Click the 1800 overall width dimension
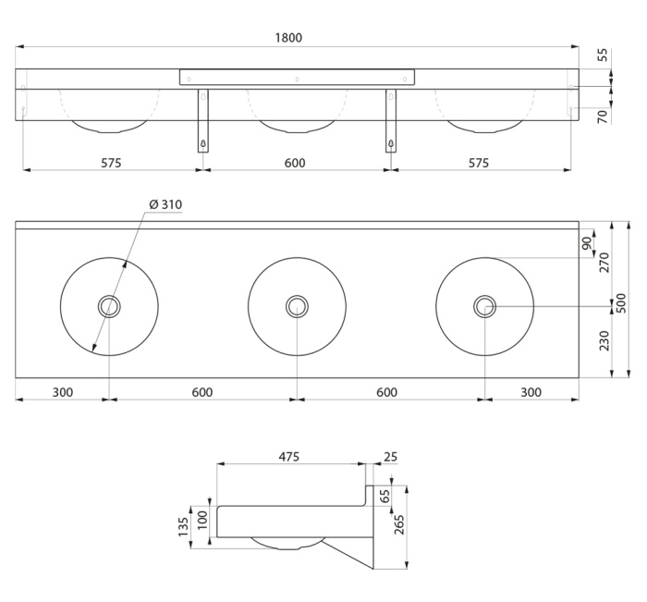[x=288, y=38]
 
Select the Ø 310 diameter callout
[x=165, y=204]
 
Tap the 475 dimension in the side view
[x=288, y=457]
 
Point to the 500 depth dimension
[x=622, y=303]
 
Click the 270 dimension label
[x=604, y=263]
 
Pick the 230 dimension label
[x=604, y=340]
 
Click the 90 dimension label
[x=587, y=243]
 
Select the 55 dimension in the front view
[x=603, y=55]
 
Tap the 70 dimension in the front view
[x=603, y=117]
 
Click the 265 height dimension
[x=399, y=525]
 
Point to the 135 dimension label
[x=183, y=527]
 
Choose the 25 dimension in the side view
[x=390, y=457]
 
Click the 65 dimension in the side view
[x=385, y=496]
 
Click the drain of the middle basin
[x=297, y=306]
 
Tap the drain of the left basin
[x=109, y=306]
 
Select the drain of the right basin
[x=484, y=306]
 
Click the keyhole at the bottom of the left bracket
[x=203, y=143]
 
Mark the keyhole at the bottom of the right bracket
[x=390, y=143]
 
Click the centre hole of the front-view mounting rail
[x=297, y=79]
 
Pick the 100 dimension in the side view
[x=202, y=521]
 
